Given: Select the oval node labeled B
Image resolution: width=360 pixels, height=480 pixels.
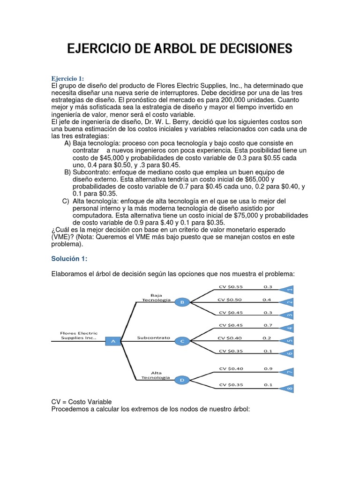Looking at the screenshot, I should click(182, 302).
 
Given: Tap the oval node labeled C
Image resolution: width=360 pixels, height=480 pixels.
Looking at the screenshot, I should click(182, 341).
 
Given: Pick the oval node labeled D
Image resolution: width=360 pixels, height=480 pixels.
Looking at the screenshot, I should click(182, 380).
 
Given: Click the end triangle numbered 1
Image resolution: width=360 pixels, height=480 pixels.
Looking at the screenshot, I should click(287, 290).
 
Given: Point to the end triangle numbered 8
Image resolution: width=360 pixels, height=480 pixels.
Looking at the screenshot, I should click(287, 388).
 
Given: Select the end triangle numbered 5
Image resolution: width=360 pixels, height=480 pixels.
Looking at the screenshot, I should click(287, 341).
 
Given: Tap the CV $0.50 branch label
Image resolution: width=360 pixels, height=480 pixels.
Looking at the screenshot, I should click(230, 299).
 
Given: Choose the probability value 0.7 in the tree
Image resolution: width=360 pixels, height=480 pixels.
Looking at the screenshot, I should click(267, 325).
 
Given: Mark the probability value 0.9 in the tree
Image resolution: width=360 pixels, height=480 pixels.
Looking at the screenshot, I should click(267, 368).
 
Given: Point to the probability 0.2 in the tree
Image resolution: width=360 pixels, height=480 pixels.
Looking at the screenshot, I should click(267, 337).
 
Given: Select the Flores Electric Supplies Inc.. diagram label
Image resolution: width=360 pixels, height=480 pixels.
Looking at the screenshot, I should click(79, 335).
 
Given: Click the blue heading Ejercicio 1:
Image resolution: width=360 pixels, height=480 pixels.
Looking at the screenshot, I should click(67, 78).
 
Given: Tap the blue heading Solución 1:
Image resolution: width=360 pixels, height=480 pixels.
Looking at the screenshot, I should click(69, 259).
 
